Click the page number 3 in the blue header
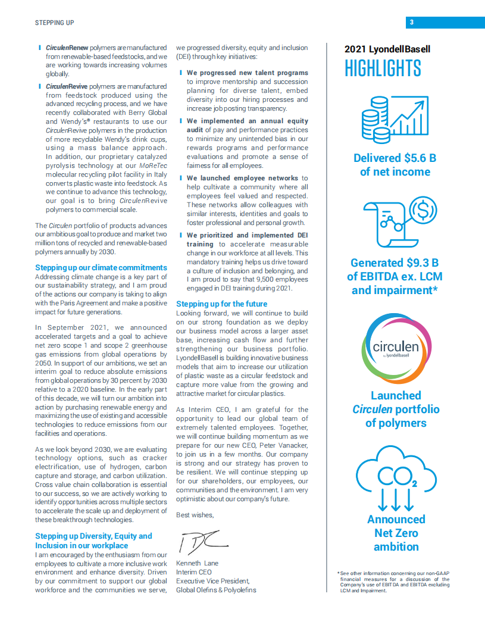click(412, 23)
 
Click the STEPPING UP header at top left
click(54, 23)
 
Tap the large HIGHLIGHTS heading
click(383, 69)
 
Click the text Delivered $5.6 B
click(395, 158)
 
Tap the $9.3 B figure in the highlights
click(420, 263)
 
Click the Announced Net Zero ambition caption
click(396, 533)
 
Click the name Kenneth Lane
click(198, 564)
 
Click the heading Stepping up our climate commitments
click(101, 268)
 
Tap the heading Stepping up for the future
click(221, 304)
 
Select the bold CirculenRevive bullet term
click(66, 86)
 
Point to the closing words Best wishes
click(195, 515)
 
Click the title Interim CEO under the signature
click(194, 573)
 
